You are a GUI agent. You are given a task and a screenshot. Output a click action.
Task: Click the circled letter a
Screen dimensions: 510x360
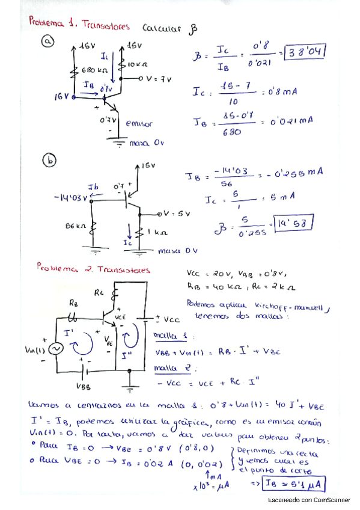click(x=46, y=41)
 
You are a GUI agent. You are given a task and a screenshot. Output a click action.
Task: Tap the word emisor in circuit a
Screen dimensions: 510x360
click(x=139, y=124)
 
